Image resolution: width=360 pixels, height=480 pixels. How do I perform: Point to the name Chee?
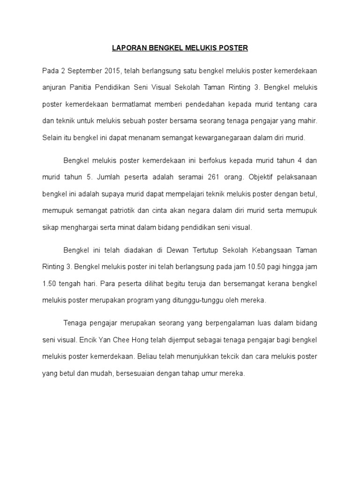click(122, 340)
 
